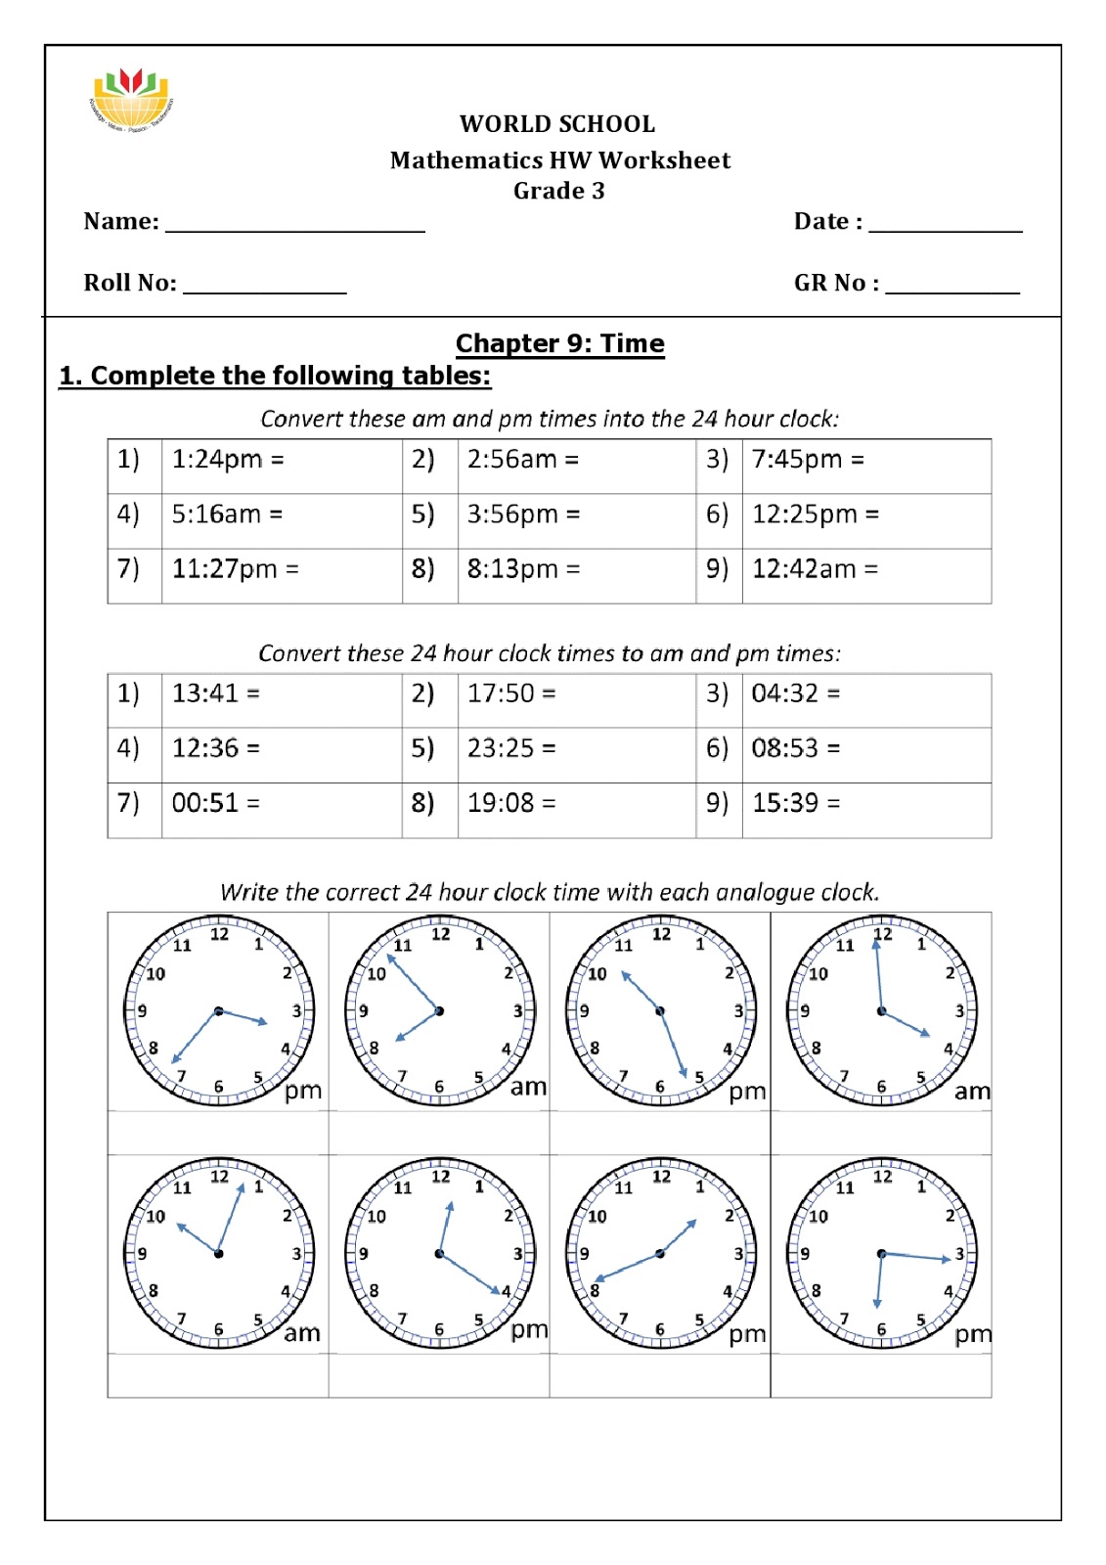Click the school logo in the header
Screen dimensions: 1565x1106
(x=131, y=99)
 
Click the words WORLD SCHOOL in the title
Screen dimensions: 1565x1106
(x=557, y=124)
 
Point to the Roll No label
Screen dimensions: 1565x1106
(x=130, y=283)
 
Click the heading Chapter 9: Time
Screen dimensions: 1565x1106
(x=559, y=343)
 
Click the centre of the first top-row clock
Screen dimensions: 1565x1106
(x=218, y=1011)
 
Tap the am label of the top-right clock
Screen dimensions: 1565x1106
(x=972, y=1091)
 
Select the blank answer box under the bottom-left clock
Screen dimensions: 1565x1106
(x=218, y=1375)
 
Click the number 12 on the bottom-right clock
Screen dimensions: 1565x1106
(x=882, y=1177)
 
